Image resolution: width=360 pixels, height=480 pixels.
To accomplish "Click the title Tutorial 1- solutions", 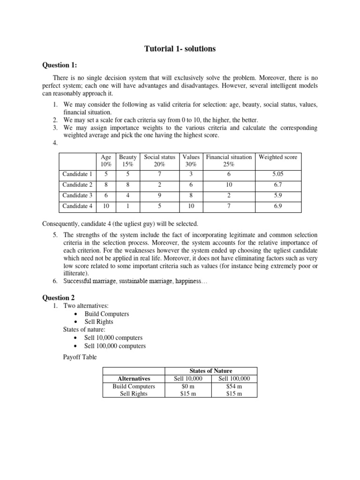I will tap(180, 49).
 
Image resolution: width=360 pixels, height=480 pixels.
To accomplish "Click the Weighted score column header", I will tap(278, 157).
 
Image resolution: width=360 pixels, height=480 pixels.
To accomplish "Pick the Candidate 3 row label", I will tap(77, 195).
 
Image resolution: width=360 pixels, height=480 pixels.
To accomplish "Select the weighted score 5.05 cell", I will tap(278, 174).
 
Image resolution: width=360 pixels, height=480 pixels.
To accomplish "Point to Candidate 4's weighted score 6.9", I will tap(278, 206).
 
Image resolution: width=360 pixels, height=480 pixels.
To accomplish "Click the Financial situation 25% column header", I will tap(229, 161).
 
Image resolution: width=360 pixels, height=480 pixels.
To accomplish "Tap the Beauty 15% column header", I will tap(128, 161).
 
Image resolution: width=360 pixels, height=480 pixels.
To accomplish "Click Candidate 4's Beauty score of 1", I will tap(128, 206).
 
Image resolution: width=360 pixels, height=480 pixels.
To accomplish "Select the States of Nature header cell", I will tap(211, 371).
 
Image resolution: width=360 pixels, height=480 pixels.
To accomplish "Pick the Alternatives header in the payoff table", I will tap(134, 378).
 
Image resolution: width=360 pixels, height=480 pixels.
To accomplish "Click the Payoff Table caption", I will tap(80, 357).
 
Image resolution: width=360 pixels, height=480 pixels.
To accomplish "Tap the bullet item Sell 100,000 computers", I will tap(115, 346).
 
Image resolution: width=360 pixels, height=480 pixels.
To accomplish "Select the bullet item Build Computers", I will tap(106, 314).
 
